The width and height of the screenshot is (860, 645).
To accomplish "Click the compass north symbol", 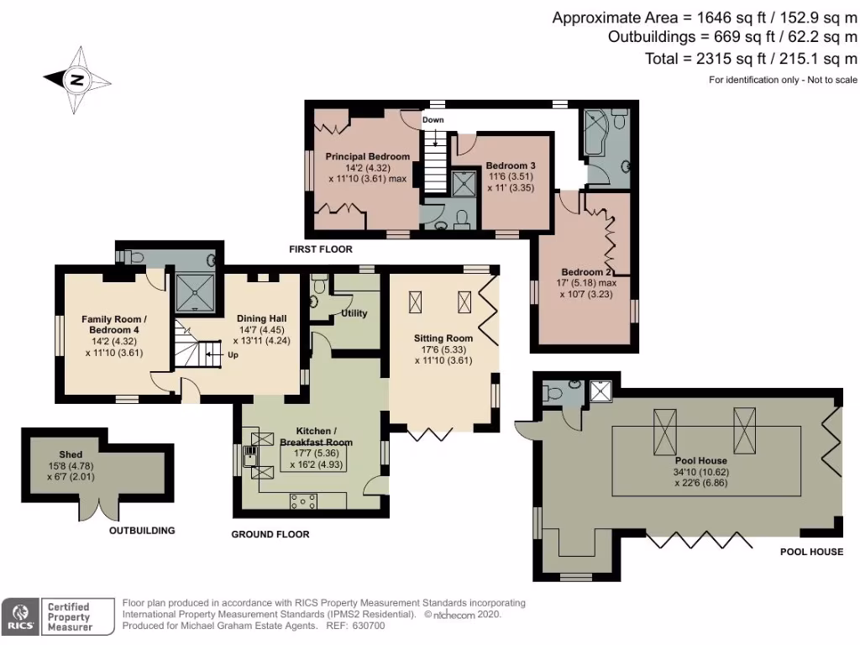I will [x=76, y=81].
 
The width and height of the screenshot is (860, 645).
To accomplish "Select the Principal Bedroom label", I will [x=368, y=156].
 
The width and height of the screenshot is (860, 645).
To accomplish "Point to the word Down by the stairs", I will [x=433, y=120].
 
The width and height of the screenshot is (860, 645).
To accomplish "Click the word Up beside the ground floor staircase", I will [x=233, y=354].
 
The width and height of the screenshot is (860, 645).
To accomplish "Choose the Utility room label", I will [x=354, y=313].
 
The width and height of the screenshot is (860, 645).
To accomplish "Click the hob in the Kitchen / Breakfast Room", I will [x=303, y=501].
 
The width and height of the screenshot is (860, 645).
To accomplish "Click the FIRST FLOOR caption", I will [x=320, y=249].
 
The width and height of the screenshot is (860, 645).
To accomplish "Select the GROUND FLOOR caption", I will [x=270, y=534].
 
